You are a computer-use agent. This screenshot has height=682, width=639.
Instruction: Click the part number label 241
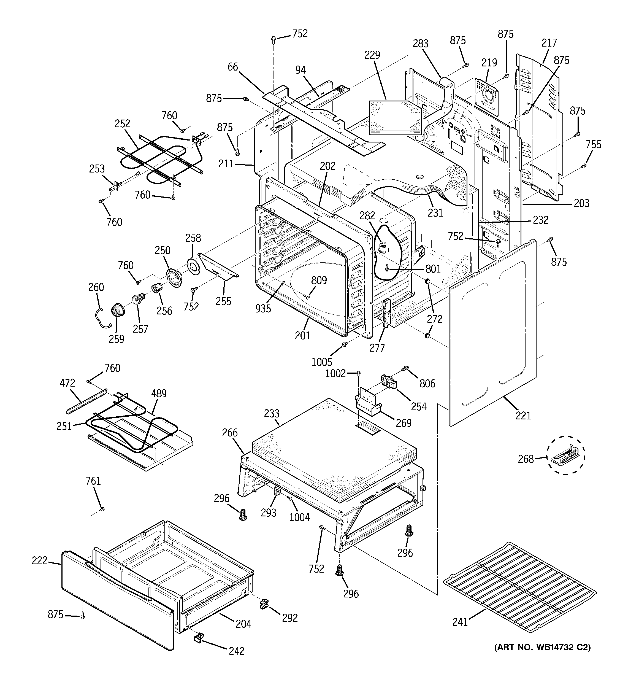coord(460,622)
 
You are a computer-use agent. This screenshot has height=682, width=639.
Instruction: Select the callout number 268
coord(526,459)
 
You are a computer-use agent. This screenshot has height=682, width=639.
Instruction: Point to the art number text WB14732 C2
coord(542,647)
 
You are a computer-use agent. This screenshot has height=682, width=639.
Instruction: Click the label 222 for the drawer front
coord(39,560)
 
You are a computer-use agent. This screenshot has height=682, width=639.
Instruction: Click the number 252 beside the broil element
coord(123,123)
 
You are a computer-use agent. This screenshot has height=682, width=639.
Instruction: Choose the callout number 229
coord(372,55)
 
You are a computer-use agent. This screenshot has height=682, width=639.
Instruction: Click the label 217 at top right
coord(549,43)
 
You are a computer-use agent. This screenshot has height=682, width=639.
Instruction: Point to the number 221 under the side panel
coord(523,416)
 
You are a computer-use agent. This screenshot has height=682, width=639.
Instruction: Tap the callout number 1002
coord(335,373)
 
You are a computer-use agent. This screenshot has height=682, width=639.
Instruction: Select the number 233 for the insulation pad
coord(272,413)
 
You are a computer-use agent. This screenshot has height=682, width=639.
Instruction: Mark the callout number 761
coord(93,481)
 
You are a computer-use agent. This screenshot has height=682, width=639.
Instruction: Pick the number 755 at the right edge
coord(593,144)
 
